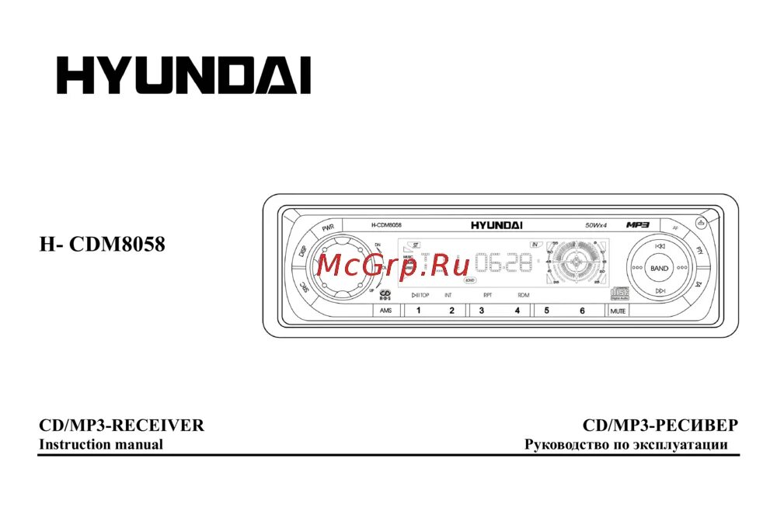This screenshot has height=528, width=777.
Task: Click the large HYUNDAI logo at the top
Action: click(183, 75)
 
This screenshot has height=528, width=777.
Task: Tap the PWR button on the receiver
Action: click(329, 229)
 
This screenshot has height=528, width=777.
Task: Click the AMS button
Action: click(386, 311)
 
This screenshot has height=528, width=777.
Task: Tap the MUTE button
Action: click(618, 311)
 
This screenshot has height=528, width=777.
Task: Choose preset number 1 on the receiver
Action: click(418, 311)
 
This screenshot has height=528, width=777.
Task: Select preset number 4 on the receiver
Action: click(517, 311)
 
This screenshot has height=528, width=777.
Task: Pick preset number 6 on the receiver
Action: click(582, 311)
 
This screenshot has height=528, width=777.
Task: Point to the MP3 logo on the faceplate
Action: click(637, 225)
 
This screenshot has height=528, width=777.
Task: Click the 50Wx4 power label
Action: click(597, 225)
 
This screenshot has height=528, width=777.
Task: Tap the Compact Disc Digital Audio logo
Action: click(619, 292)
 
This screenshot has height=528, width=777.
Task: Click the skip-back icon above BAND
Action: click(660, 246)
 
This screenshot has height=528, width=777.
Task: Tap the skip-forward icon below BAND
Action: click(660, 290)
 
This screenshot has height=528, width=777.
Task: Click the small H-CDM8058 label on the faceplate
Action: click(386, 225)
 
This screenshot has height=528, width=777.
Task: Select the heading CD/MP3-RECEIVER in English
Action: click(122, 426)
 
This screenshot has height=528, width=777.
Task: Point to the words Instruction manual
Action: click(101, 445)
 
